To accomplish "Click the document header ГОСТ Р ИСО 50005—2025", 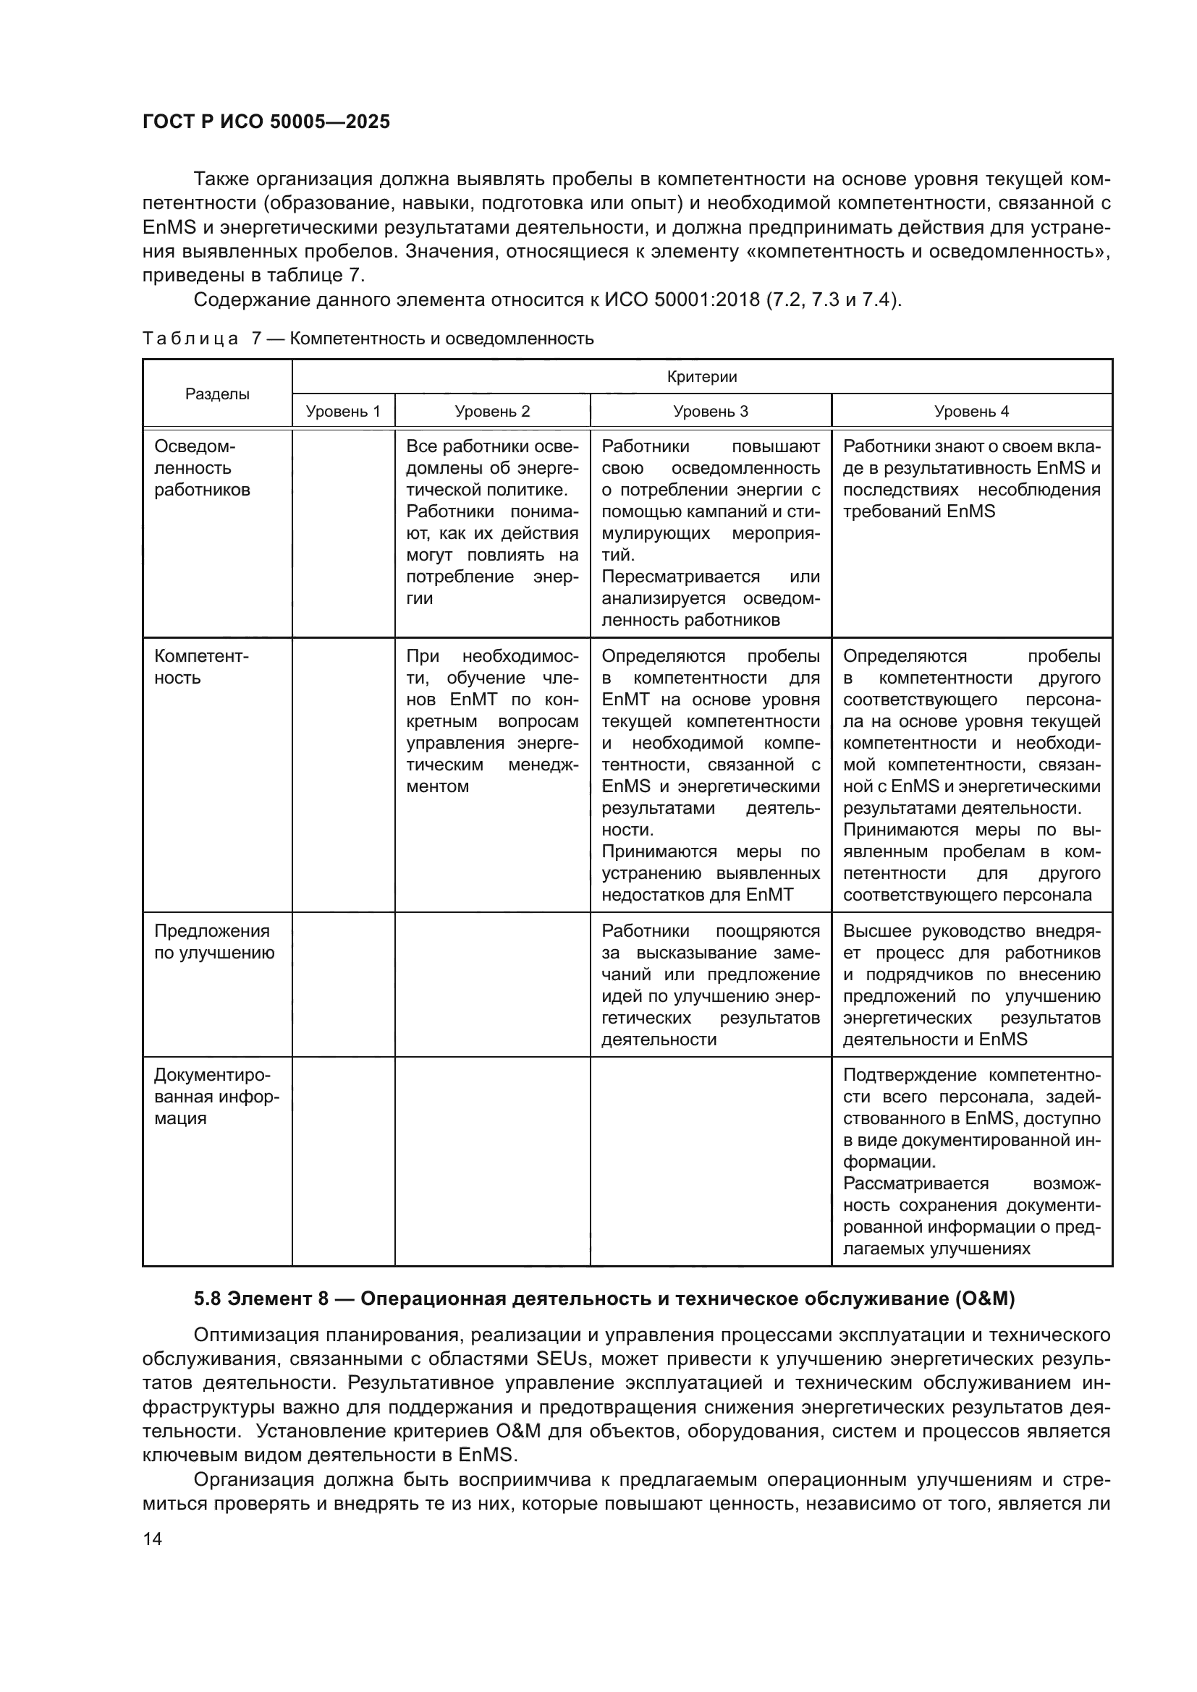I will (x=266, y=122).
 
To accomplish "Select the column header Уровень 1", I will (x=343, y=411).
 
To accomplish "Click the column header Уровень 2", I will (x=491, y=411).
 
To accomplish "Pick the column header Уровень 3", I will (x=711, y=411).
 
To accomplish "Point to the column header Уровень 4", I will (x=971, y=411).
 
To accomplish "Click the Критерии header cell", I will (x=702, y=378).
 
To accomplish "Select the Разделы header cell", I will (x=216, y=394).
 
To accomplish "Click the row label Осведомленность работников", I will (x=202, y=468).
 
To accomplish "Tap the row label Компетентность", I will (x=201, y=667).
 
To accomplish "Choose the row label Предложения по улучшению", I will (x=213, y=942).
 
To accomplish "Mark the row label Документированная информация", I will (x=216, y=1097).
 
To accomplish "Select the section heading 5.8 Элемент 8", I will (x=604, y=1299).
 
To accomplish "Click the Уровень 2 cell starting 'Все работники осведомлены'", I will (x=491, y=522).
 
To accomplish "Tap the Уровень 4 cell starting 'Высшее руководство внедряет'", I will (x=971, y=985).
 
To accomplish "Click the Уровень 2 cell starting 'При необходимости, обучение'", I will (x=491, y=720).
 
